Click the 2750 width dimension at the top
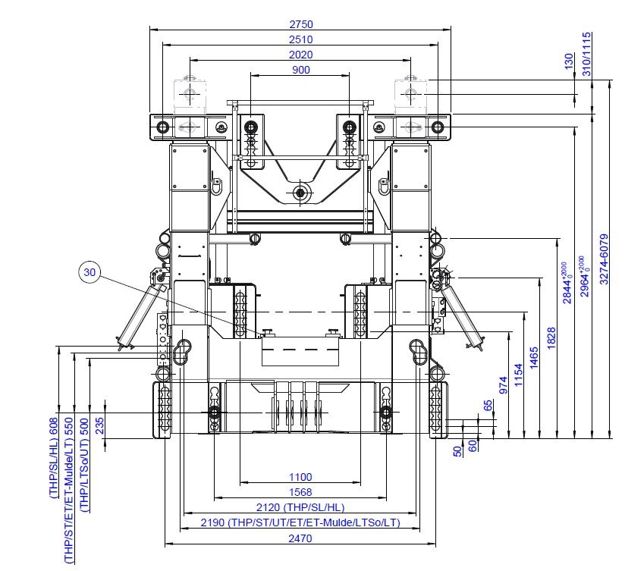tap(301, 24)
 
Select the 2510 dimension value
tap(301, 39)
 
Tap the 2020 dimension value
tap(301, 55)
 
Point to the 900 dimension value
tap(301, 70)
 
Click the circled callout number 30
tap(90, 272)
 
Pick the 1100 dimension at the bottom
tap(300, 477)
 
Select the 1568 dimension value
tap(300, 492)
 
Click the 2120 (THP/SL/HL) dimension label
tap(300, 507)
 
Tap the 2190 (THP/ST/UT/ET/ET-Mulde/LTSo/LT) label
tap(300, 522)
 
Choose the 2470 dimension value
tap(300, 538)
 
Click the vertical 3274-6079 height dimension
tap(605, 259)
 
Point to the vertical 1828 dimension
tap(551, 338)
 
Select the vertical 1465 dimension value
tap(534, 358)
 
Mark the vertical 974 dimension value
tap(504, 385)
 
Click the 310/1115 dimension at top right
tap(587, 54)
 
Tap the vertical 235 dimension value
tap(99, 425)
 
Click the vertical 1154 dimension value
tap(518, 375)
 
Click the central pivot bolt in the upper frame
tap(300, 193)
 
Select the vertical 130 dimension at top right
tap(569, 61)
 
